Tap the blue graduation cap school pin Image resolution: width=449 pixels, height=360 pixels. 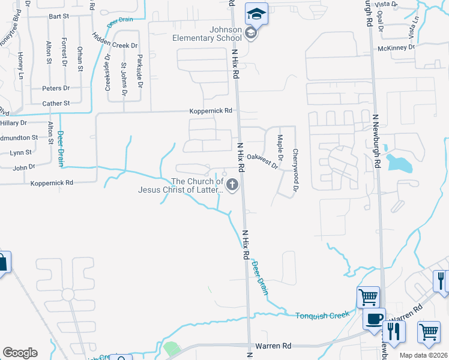click(256, 14)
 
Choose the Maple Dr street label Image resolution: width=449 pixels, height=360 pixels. click(280, 152)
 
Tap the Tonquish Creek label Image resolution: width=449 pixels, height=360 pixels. click(322, 315)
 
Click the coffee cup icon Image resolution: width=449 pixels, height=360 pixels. click(375, 319)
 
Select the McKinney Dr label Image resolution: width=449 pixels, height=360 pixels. click(396, 48)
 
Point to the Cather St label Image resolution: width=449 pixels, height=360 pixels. click(56, 103)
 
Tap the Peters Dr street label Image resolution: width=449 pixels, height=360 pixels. click(56, 88)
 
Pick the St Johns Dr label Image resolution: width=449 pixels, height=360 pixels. click(124, 79)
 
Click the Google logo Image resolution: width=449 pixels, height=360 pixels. click(20, 353)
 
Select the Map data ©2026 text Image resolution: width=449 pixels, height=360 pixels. click(423, 355)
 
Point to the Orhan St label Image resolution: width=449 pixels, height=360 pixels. click(80, 58)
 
